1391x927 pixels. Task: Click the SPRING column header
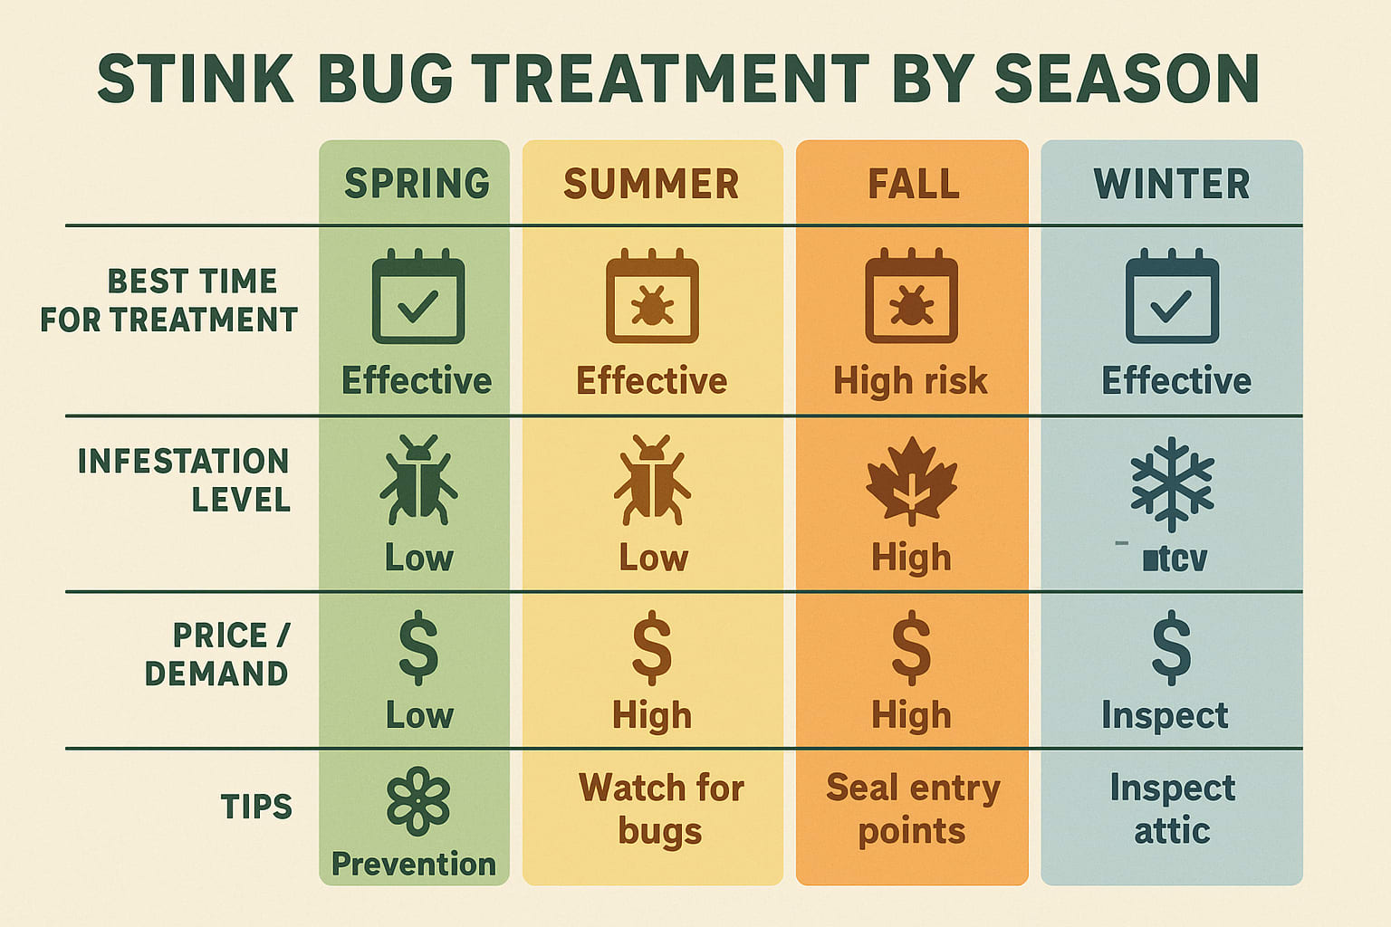pos(417,184)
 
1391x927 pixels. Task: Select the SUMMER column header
pos(651,184)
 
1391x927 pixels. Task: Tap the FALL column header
pos(913,184)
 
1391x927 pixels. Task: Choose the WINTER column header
pos(1172,184)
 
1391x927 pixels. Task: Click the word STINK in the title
pos(196,79)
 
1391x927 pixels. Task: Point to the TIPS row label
pos(256,807)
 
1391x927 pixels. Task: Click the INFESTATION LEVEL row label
pos(184,480)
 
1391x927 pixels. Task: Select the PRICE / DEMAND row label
pos(217,655)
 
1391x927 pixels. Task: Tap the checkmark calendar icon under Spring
pos(417,297)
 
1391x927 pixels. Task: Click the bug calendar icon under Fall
pos(911,297)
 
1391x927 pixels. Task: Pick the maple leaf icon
pos(911,479)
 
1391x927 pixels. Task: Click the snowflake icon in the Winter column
pos(1172,483)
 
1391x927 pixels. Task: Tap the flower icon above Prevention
pos(417,800)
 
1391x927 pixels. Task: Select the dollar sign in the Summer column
pos(652,647)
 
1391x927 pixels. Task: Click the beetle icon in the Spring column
pos(417,479)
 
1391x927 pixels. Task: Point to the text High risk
pos(910,381)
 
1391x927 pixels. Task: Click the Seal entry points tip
pos(912,808)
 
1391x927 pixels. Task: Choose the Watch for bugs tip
pos(660,808)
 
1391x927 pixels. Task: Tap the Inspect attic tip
pos(1172,808)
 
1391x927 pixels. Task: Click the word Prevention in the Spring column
pos(414,864)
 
